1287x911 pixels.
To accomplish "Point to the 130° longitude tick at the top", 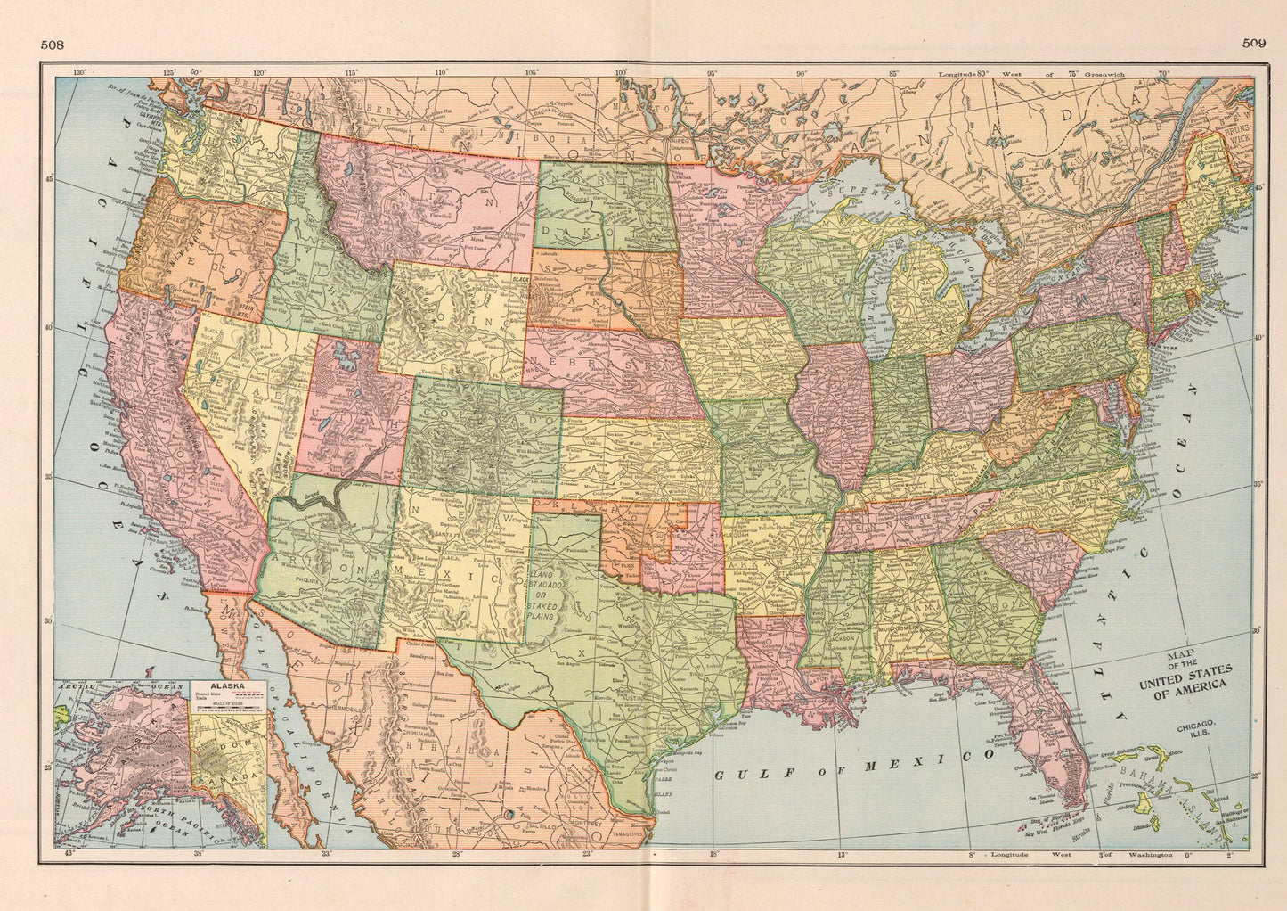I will pos(79,71).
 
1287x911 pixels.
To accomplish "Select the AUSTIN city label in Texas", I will pos(630,695).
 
